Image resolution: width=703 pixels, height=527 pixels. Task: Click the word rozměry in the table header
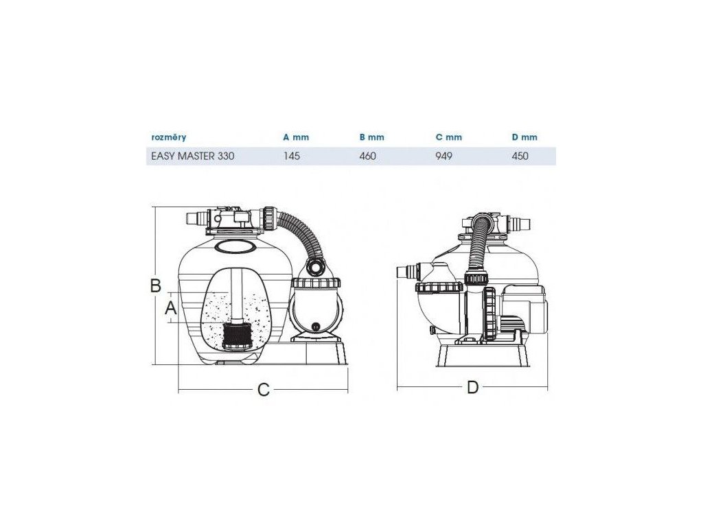[168, 137]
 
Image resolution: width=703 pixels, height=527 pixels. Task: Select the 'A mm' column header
[296, 137]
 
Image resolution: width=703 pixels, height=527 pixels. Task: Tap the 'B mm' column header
[371, 137]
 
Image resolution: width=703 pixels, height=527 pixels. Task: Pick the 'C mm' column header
[448, 137]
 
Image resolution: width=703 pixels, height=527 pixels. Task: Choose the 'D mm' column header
[525, 137]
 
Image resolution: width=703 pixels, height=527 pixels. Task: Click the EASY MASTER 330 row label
[192, 156]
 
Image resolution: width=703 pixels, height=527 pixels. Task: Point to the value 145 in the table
[291, 156]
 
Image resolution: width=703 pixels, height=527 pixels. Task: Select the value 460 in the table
[367, 156]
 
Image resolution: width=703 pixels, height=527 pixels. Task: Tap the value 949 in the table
[444, 156]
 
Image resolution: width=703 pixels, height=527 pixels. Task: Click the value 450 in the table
[520, 156]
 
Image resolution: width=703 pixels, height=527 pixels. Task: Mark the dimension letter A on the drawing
[170, 309]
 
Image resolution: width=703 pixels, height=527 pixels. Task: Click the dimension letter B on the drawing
[156, 286]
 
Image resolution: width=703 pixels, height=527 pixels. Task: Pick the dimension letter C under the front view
[263, 390]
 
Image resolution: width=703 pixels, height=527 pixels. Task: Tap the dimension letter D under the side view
[472, 388]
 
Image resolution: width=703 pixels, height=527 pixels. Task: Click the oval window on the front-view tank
[233, 245]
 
